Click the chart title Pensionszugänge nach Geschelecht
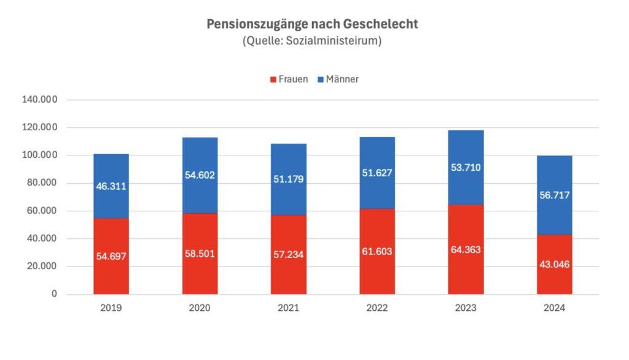click(x=312, y=25)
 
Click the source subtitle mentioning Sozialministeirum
click(x=312, y=41)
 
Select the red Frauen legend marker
click(x=273, y=79)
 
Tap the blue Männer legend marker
click(x=321, y=79)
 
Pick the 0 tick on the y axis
click(x=54, y=294)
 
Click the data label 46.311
click(x=111, y=186)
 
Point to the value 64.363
click(x=466, y=249)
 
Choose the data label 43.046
click(x=554, y=264)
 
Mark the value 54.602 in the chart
click(x=200, y=175)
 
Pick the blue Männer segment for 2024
click(x=554, y=178)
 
